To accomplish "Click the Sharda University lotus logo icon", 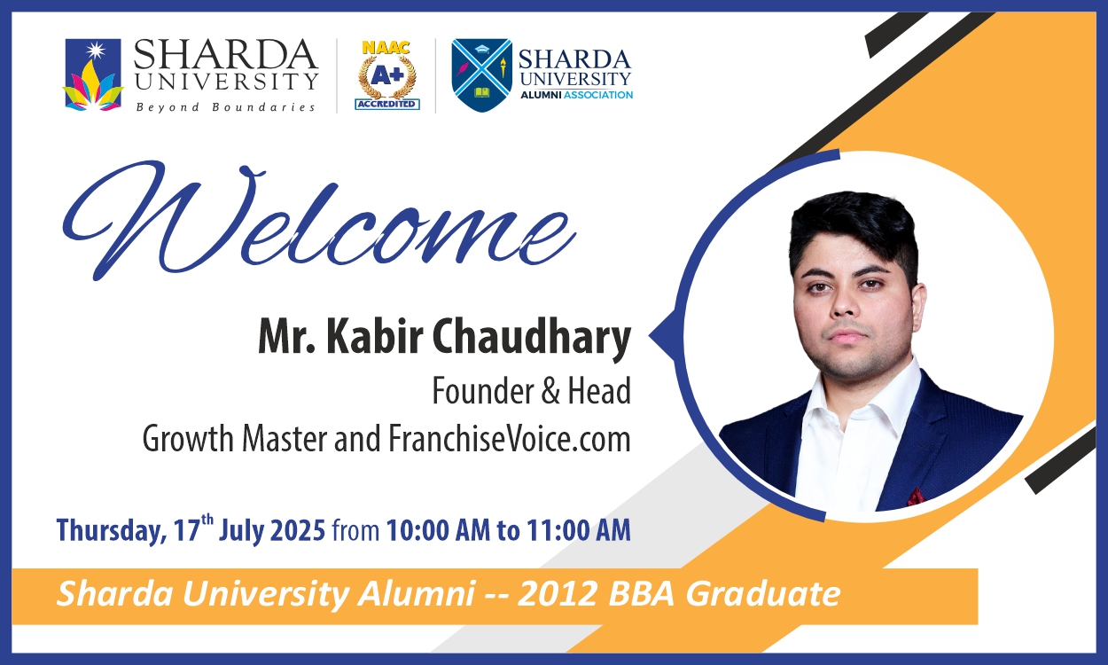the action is tap(92, 74).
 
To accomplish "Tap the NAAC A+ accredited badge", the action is tap(387, 75).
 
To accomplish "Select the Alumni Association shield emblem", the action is tap(481, 74).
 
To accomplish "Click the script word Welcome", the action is tap(319, 221).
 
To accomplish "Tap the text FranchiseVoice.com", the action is tap(510, 439).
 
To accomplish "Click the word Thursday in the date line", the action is tap(111, 530).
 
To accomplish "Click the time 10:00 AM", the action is tap(438, 530).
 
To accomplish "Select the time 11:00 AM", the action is tap(578, 530).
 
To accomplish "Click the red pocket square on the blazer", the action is tap(916, 497).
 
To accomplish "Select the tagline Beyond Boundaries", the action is tap(225, 107).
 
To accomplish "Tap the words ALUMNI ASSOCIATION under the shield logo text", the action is tap(576, 95).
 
